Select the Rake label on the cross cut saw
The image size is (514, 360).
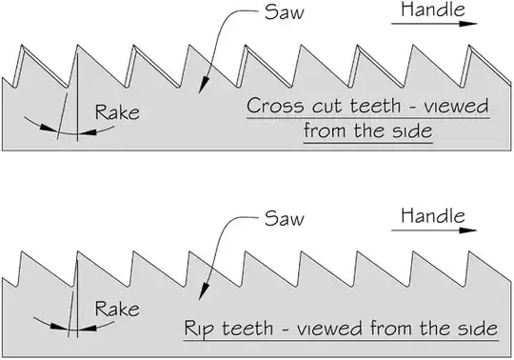[118, 113]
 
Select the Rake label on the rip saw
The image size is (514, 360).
[119, 310]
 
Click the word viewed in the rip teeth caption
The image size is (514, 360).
[324, 330]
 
